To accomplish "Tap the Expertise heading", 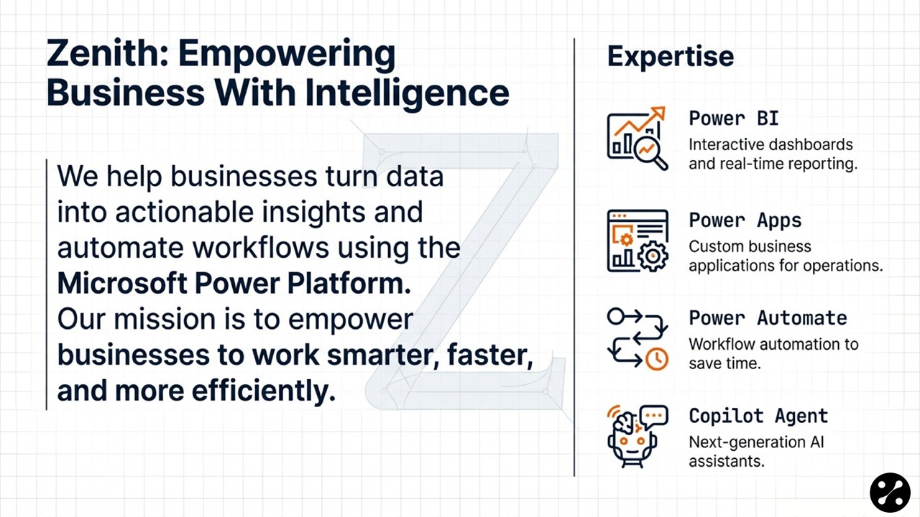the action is point(671,57).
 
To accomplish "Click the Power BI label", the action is point(734,118).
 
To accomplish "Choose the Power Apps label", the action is point(745,220).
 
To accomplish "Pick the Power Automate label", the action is point(768,318).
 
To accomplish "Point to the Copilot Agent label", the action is point(758,416).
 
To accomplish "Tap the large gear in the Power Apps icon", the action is point(653,256).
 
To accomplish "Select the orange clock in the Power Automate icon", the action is point(657,359).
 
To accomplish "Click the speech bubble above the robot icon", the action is point(654,416).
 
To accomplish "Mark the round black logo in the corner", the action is point(890,493).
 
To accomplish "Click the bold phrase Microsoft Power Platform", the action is point(234,284).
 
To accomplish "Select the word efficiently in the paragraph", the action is point(264,391).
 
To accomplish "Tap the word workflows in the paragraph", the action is point(261,248).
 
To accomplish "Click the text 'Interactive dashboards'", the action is point(771,145).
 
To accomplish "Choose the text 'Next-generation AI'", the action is point(757,442).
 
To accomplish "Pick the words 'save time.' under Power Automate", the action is point(725,363).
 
